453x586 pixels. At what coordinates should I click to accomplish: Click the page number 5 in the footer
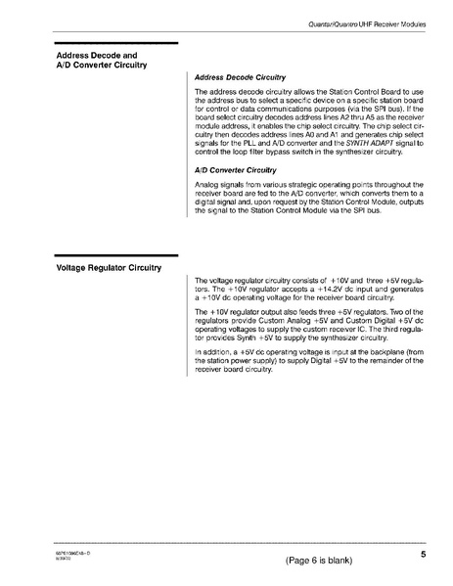(422, 555)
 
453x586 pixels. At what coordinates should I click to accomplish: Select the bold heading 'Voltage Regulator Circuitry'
(109, 265)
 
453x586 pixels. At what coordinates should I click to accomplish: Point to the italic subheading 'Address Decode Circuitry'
(241, 75)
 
